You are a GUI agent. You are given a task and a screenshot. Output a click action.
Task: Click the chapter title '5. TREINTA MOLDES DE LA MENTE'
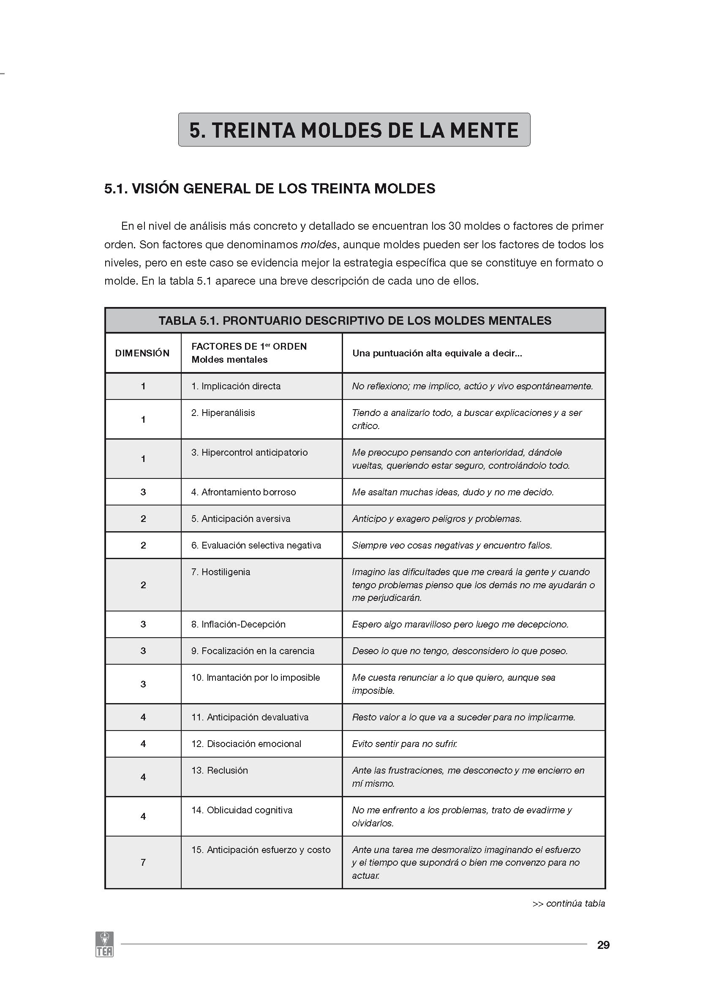[354, 130]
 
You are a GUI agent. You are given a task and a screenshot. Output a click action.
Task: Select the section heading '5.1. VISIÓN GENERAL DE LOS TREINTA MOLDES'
[270, 188]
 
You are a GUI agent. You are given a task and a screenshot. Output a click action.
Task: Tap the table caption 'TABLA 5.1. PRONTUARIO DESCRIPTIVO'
[354, 321]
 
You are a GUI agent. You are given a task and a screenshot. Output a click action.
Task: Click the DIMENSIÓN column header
[142, 353]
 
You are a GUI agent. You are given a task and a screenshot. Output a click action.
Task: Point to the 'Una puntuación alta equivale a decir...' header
[437, 353]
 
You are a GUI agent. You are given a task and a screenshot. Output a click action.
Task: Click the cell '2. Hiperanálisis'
[223, 413]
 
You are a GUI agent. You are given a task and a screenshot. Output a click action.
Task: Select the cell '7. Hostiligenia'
[221, 572]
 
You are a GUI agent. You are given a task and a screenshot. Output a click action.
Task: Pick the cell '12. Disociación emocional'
[246, 744]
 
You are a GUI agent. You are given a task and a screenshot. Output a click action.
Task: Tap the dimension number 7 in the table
[143, 862]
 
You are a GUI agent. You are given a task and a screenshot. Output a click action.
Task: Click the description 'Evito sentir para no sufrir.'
[405, 744]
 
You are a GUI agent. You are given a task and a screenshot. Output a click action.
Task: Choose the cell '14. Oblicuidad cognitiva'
[242, 810]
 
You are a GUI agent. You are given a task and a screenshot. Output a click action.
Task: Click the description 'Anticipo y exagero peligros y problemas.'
[436, 519]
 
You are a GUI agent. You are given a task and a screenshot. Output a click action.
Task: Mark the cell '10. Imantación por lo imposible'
[256, 678]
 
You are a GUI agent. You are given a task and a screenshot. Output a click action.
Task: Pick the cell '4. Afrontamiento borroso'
[243, 492]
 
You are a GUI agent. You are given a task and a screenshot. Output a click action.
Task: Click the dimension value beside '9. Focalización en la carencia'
[143, 651]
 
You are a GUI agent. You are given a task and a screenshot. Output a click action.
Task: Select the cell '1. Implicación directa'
[236, 386]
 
